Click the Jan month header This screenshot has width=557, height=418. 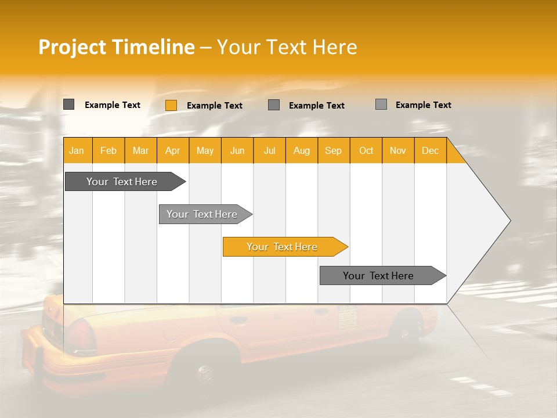77,151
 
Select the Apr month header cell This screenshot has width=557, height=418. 172,151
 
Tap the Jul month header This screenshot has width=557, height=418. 269,151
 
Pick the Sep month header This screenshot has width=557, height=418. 333,151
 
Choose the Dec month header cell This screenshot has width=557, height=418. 430,151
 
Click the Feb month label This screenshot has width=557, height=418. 108,151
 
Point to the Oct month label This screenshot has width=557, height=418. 366,151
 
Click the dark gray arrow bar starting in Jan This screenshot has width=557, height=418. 122,182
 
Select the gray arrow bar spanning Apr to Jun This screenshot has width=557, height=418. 202,214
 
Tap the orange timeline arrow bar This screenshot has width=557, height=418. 282,247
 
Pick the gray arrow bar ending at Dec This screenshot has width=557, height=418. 378,276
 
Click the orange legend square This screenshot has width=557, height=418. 171,105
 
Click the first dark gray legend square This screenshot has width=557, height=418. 69,105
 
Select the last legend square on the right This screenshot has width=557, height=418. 381,105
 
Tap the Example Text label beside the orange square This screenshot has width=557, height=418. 215,106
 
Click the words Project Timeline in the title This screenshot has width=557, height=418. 117,47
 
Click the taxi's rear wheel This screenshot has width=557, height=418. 203,372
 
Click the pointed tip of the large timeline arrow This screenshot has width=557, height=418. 509,221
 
